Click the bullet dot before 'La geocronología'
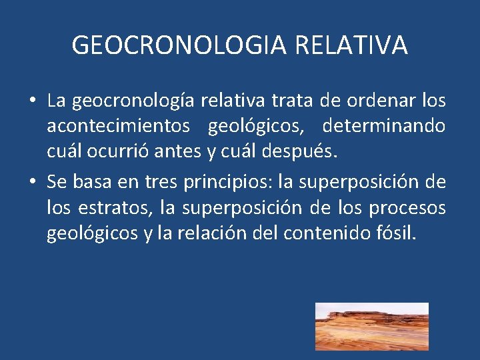point(32,101)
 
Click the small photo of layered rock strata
point(371,326)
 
